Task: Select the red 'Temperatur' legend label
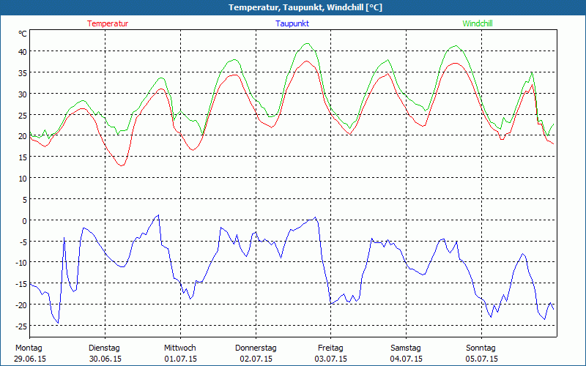coord(108,23)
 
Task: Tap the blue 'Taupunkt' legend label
coord(292,23)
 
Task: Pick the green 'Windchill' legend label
coord(478,23)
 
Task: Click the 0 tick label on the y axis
coord(24,220)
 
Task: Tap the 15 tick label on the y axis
coord(22,157)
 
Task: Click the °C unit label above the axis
coord(23,34)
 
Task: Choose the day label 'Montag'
coord(29,348)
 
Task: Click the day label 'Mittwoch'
coord(179,348)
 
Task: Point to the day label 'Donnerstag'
coord(256,348)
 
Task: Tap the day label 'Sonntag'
coord(481,348)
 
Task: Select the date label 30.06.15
coord(104,359)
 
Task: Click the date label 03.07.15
coord(331,359)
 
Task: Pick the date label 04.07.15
coord(406,359)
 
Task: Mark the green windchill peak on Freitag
coord(308,43)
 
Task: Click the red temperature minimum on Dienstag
coord(121,165)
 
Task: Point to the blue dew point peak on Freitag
coord(316,217)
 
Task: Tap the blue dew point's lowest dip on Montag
coord(58,323)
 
